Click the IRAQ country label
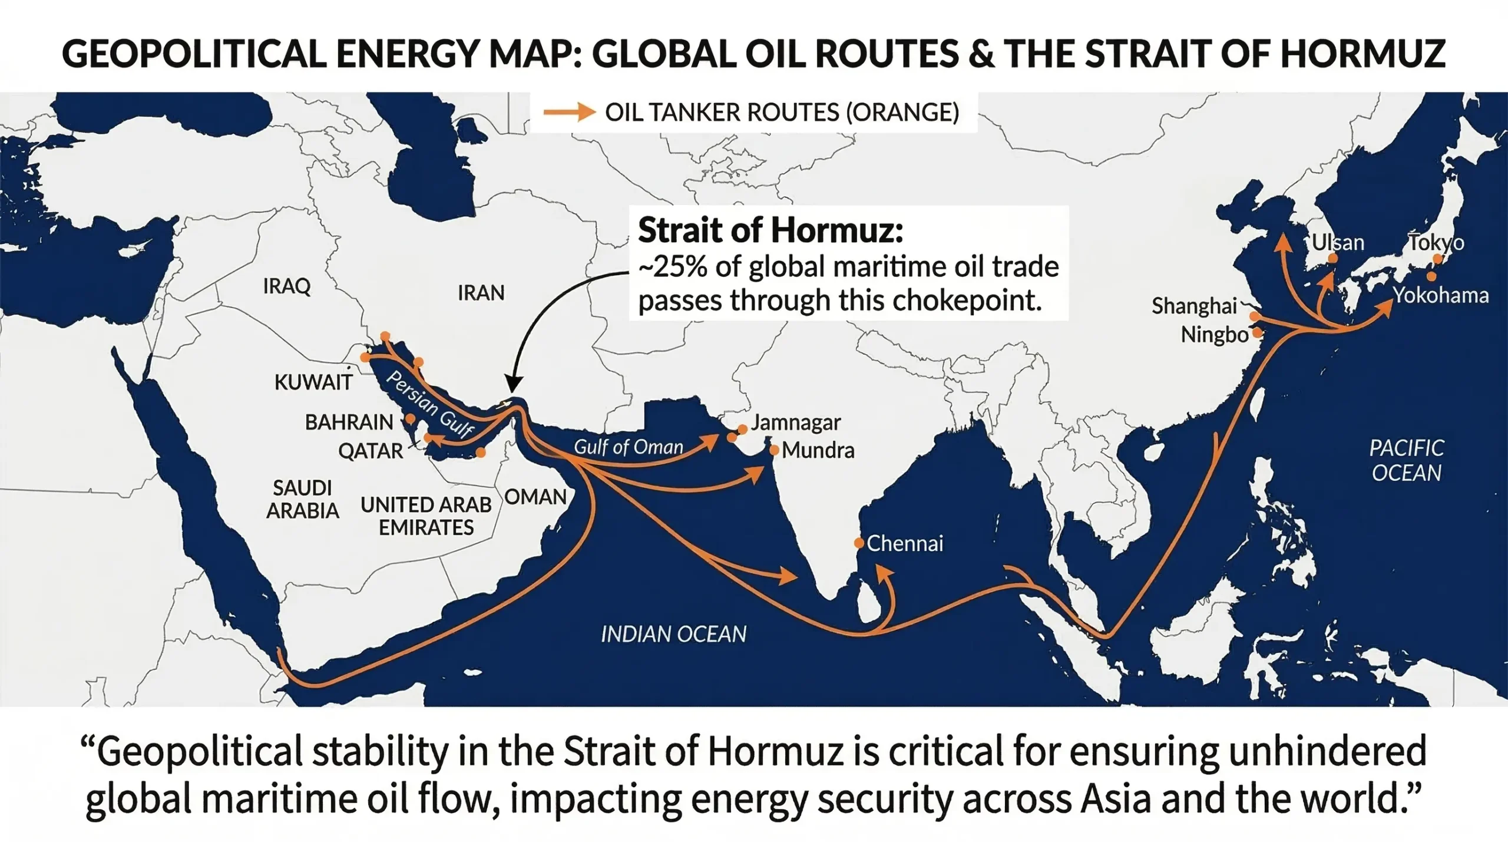pos(286,286)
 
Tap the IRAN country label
pos(481,293)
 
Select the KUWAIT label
pos(313,382)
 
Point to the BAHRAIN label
pos(349,422)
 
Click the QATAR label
pos(370,451)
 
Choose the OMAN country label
pos(535,497)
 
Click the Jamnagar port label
pos(795,422)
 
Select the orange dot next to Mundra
pos(775,451)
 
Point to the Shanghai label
pos(1194,306)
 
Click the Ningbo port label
pos(1214,335)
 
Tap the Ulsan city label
pos(1338,243)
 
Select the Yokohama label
pos(1440,295)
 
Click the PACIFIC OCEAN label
pos(1406,460)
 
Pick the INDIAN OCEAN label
pos(673,634)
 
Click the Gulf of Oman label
pos(628,447)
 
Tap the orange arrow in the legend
pos(569,112)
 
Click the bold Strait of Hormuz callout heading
pos(770,230)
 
